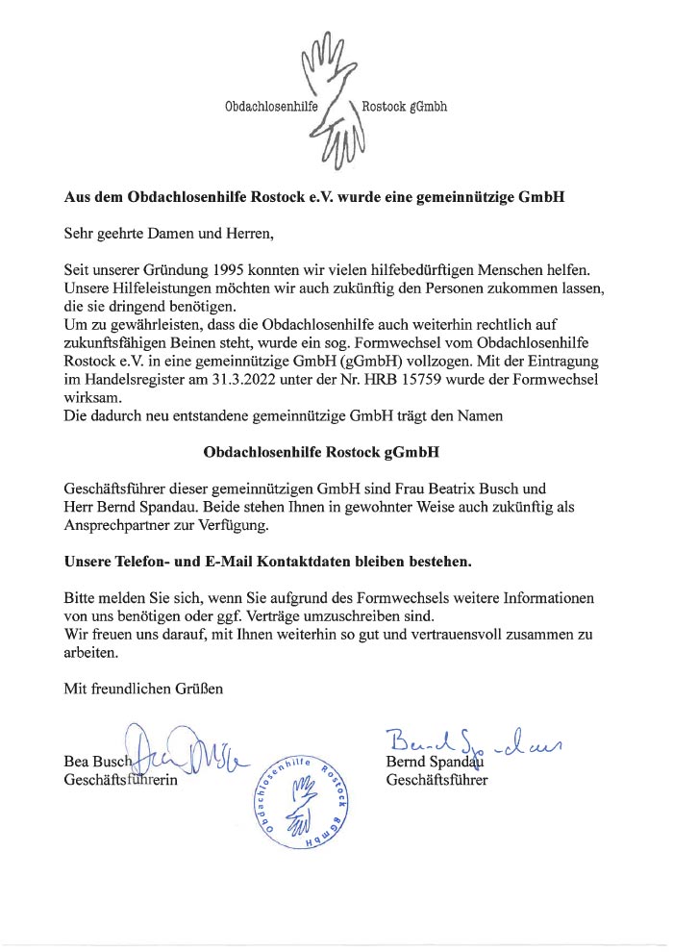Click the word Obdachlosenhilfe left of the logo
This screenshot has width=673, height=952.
point(264,107)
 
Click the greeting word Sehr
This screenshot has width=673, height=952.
point(79,231)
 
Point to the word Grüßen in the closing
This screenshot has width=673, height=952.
point(201,688)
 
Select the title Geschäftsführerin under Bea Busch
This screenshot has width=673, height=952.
point(121,780)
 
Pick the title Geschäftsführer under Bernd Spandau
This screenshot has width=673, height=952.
point(436,780)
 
